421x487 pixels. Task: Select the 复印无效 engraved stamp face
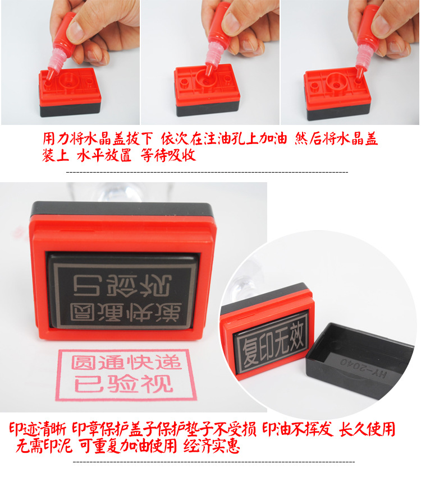click(x=272, y=339)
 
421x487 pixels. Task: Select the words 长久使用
click(x=367, y=429)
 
